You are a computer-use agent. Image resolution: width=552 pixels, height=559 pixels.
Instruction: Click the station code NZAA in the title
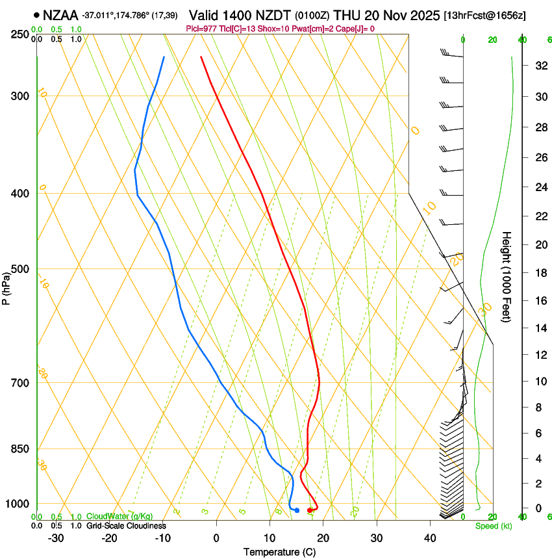pyautogui.click(x=60, y=14)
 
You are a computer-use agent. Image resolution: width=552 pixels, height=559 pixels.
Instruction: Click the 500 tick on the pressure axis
pyautogui.click(x=21, y=269)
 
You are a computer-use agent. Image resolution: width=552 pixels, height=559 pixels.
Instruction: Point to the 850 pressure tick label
pyautogui.click(x=21, y=449)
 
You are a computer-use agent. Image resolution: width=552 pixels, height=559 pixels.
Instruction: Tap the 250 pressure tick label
pyautogui.click(x=21, y=34)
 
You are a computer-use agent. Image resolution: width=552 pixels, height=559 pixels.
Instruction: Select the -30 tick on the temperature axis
pyautogui.click(x=56, y=538)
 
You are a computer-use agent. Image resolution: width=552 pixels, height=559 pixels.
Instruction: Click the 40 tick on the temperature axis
pyautogui.click(x=430, y=538)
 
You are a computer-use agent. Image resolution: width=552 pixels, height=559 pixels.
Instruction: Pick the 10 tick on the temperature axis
pyautogui.click(x=270, y=538)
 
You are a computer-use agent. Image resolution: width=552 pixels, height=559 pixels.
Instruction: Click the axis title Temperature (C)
pyautogui.click(x=279, y=552)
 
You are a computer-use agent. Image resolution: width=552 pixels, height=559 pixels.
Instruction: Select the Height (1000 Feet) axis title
pyautogui.click(x=507, y=276)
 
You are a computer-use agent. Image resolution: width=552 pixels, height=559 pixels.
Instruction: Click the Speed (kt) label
pyautogui.click(x=494, y=526)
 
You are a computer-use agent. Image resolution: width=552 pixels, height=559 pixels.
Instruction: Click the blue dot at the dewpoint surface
pyautogui.click(x=297, y=510)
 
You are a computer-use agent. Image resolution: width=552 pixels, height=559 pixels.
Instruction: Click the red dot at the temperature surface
pyautogui.click(x=310, y=510)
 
